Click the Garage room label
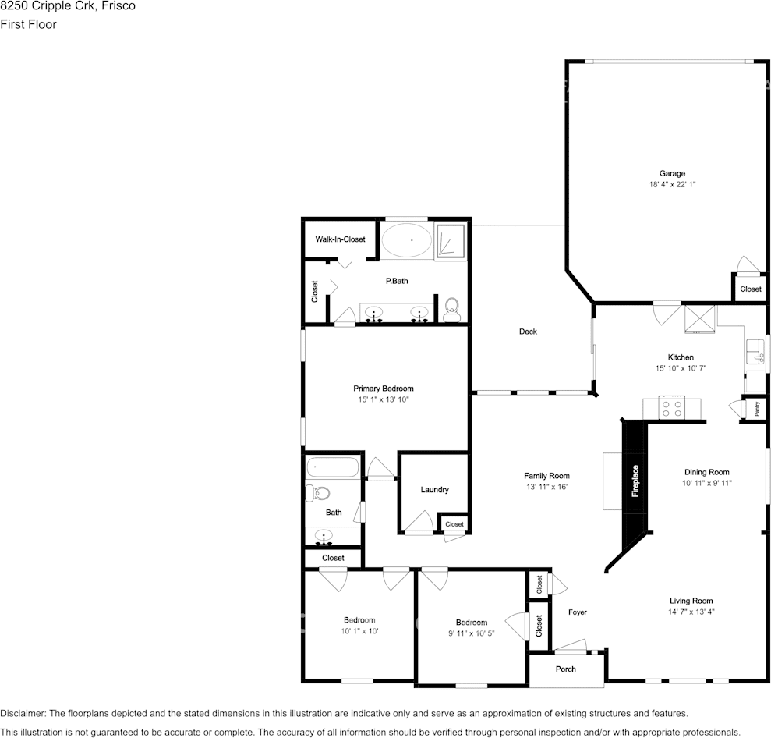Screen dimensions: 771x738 click(x=672, y=173)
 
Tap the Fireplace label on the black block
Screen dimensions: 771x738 click(x=635, y=481)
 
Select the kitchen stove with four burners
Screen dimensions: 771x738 click(x=672, y=408)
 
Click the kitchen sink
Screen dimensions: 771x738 click(x=755, y=351)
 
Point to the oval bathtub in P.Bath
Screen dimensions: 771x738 click(x=407, y=240)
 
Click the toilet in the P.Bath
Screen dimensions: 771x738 click(x=451, y=310)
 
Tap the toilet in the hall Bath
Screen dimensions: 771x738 click(x=317, y=492)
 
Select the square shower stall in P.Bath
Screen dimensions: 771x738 click(x=451, y=241)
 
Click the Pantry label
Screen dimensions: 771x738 click(x=757, y=408)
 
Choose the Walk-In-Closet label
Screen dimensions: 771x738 click(x=340, y=239)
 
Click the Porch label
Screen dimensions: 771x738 click(x=565, y=669)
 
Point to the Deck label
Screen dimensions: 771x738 click(x=528, y=332)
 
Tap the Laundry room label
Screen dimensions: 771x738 click(x=435, y=490)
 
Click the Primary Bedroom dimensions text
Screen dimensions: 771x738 click(x=384, y=399)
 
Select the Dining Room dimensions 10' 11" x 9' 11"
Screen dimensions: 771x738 click(x=706, y=483)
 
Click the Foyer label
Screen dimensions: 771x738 click(x=577, y=612)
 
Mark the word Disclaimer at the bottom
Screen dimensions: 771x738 click(x=23, y=713)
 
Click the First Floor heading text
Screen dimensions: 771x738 click(x=28, y=24)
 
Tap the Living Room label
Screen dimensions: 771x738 click(x=691, y=601)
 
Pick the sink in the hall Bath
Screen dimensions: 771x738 click(x=324, y=536)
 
